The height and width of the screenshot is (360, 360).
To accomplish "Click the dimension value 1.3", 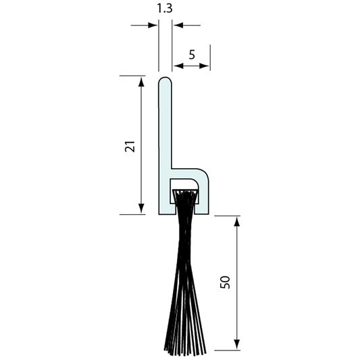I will point(165,10).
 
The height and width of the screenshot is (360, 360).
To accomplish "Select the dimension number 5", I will point(192,55).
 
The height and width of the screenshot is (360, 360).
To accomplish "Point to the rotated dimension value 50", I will point(226,282).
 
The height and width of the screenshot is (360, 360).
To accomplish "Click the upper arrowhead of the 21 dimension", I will point(141,82).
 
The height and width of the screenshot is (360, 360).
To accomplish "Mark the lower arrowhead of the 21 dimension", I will point(141,209).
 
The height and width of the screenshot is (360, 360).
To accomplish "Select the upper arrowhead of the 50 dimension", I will point(237,222).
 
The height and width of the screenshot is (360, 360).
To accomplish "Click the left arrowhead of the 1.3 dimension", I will point(154,26).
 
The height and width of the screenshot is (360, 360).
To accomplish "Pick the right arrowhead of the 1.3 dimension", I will point(178,26).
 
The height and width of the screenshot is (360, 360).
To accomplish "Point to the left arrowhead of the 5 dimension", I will point(178,66).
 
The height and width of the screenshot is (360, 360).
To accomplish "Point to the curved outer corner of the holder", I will point(204,173).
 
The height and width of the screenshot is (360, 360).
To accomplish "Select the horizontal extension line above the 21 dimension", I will point(135,76).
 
